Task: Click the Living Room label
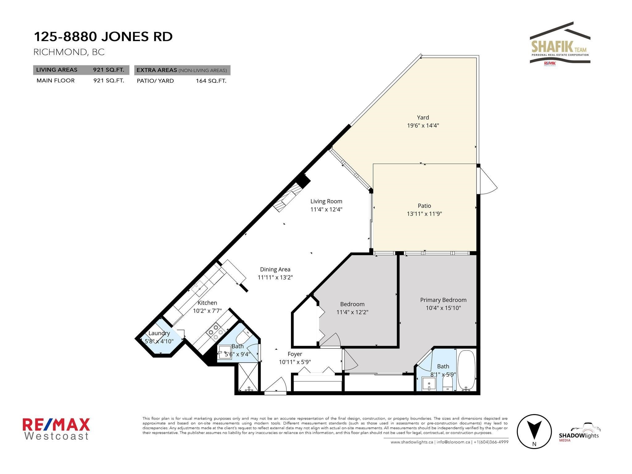tap(326, 201)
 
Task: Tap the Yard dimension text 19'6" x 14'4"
tap(423, 125)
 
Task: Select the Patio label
tap(424, 206)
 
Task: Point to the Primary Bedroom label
tap(443, 300)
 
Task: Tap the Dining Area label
tap(275, 269)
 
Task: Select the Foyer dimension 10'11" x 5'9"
tap(295, 362)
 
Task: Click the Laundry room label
tap(159, 333)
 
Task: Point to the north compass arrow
tap(534, 430)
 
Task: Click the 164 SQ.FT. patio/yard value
tap(211, 81)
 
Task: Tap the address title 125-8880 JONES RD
tap(103, 37)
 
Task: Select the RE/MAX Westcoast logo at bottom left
tap(56, 429)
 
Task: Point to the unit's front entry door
tap(276, 386)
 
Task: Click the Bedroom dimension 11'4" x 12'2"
tap(352, 312)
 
